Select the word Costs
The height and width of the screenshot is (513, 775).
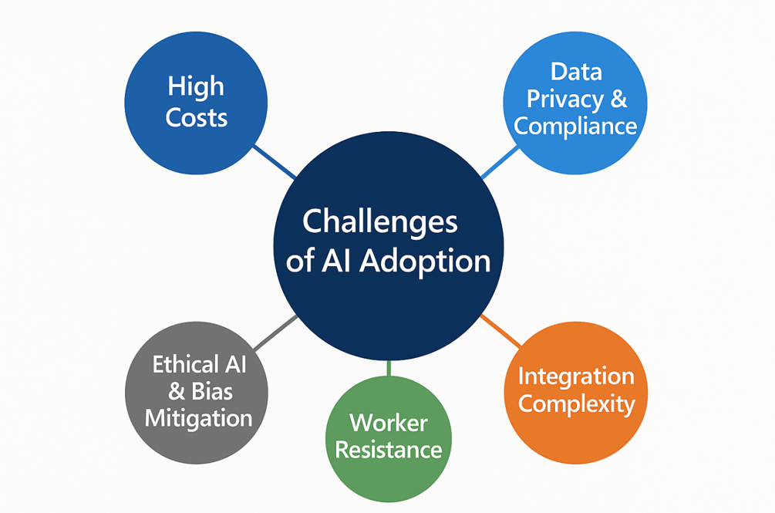196,118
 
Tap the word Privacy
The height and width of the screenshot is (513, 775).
565,100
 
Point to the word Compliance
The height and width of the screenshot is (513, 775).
575,126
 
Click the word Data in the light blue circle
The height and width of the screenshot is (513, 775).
576,73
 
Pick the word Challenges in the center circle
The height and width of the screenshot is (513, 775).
379,223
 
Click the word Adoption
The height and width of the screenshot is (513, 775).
425,261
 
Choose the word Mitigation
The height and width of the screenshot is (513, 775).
199,419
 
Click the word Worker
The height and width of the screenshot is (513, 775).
389,424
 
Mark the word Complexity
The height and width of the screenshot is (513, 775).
576,405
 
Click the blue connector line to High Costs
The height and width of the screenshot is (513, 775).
275,161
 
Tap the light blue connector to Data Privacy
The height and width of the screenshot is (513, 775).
500,161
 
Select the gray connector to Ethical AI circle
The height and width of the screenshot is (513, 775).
275,332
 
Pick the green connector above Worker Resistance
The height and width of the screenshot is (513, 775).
389,368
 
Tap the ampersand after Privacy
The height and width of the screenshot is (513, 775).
618,99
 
